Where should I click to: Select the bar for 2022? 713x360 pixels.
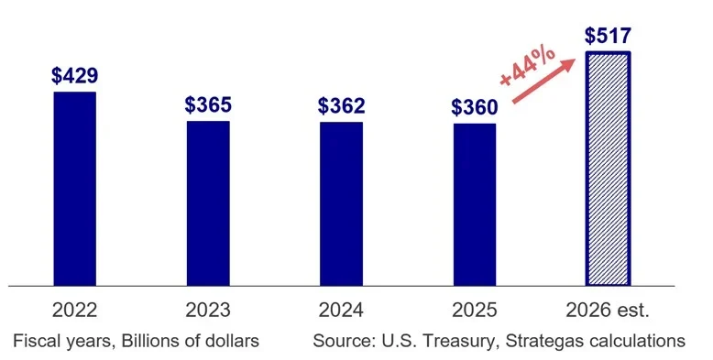tap(74, 188)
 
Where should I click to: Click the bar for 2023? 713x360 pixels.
tap(208, 202)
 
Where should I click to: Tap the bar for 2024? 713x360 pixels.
tap(341, 203)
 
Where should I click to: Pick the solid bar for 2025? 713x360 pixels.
tap(475, 204)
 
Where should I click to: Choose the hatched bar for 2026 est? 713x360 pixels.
tap(608, 169)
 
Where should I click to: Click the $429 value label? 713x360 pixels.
tap(75, 75)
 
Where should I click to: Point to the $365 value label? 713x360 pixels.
tap(208, 104)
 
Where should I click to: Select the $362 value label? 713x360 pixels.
tap(341, 105)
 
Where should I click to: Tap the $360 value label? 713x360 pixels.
tap(475, 107)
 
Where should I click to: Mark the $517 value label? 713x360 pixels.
tap(608, 36)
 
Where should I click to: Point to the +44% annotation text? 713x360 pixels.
tap(528, 64)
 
